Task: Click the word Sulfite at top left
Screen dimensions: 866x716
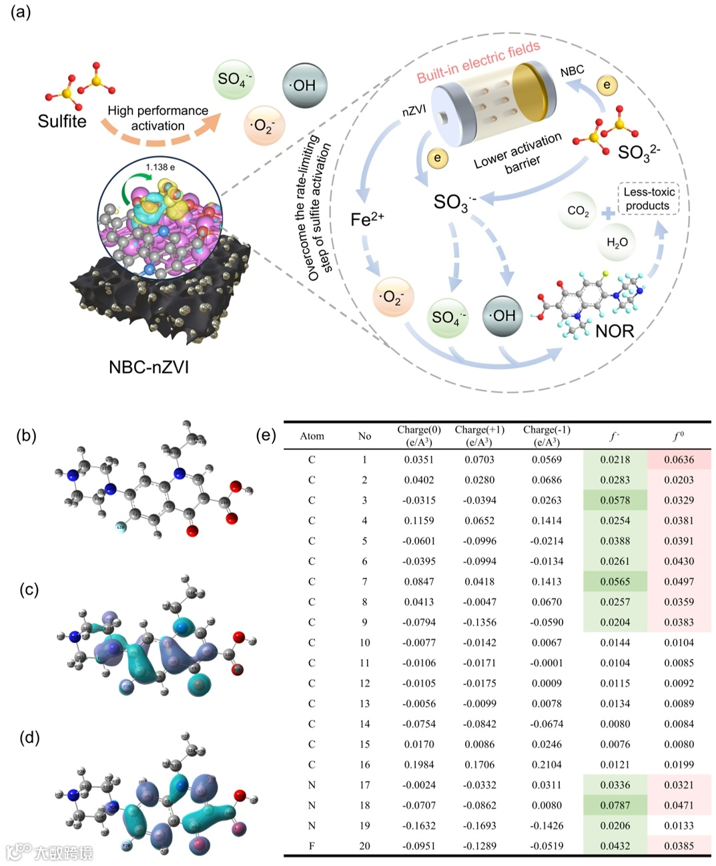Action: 62,122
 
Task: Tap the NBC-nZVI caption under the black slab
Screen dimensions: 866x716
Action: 149,367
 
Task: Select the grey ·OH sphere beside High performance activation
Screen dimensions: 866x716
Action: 304,85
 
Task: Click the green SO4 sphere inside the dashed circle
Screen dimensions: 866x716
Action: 448,317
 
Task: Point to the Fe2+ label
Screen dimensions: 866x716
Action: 367,219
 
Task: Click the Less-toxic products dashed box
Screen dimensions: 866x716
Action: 649,199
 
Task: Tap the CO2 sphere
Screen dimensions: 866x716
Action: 578,211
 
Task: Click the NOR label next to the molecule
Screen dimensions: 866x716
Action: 615,331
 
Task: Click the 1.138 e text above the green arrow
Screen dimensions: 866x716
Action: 160,167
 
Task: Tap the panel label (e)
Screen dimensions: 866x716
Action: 266,435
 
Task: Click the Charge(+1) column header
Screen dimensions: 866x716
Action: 480,435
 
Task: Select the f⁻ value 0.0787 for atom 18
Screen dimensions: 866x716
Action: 615,805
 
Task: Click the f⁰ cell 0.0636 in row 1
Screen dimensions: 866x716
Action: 679,459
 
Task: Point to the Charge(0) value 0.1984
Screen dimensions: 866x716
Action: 418,765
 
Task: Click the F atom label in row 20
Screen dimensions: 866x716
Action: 312,846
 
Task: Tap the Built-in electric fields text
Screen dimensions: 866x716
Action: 478,62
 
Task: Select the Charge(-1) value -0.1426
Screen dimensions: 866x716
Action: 547,825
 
